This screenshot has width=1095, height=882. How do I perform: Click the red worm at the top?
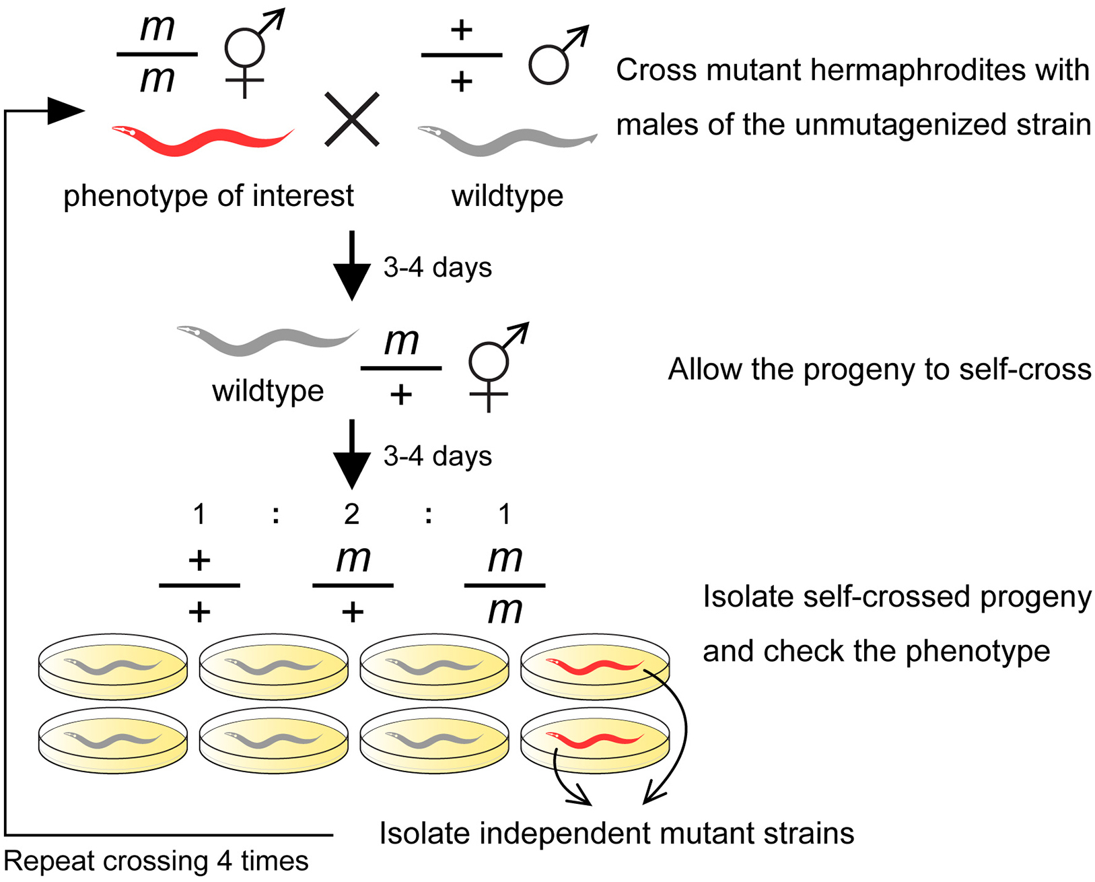click(x=202, y=139)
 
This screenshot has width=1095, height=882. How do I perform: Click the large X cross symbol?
click(x=352, y=119)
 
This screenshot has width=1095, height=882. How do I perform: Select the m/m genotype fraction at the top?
click(x=157, y=54)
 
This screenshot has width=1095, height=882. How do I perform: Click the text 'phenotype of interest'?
click(x=208, y=197)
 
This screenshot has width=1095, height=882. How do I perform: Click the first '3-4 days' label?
click(x=437, y=268)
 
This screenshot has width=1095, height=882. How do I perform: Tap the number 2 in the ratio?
click(x=351, y=514)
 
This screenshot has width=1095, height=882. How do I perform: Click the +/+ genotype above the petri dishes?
click(x=199, y=586)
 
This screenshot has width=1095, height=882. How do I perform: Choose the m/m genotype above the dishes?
click(x=505, y=586)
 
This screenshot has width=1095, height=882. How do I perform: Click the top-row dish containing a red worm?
click(x=595, y=666)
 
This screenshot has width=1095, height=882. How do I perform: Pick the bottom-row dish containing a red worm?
click(x=595, y=740)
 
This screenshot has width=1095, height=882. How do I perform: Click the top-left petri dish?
click(x=112, y=666)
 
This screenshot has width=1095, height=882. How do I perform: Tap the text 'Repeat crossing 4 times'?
click(x=156, y=861)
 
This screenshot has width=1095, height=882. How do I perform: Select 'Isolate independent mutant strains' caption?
click(x=616, y=834)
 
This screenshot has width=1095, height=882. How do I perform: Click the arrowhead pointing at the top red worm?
click(x=67, y=111)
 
